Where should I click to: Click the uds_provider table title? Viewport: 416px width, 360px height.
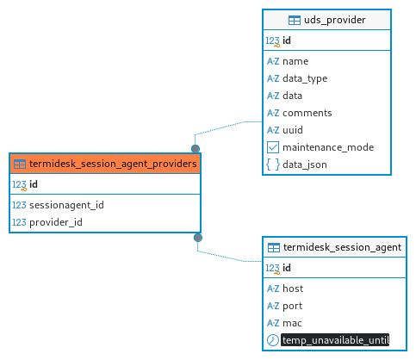pyautogui.click(x=334, y=20)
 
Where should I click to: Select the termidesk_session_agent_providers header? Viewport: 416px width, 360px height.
pyautogui.click(x=105, y=164)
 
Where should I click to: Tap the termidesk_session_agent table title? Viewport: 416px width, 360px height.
pyautogui.click(x=342, y=247)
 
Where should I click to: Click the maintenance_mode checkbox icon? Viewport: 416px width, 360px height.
pyautogui.click(x=273, y=147)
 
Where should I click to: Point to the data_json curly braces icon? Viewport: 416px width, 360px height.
pyautogui.click(x=273, y=164)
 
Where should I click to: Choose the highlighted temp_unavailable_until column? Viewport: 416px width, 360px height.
pyautogui.click(x=335, y=340)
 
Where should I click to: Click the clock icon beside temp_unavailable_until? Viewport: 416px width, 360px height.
pyautogui.click(x=273, y=340)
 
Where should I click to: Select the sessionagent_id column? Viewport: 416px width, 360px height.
pyautogui.click(x=66, y=205)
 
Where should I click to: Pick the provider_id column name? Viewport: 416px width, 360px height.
pyautogui.click(x=56, y=222)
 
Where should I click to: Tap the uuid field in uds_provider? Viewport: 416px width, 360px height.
pyautogui.click(x=293, y=130)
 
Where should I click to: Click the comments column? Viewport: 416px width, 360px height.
pyautogui.click(x=307, y=113)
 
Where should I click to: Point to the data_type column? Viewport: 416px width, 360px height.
pyautogui.click(x=305, y=78)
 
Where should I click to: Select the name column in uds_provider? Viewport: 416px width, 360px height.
pyautogui.click(x=295, y=61)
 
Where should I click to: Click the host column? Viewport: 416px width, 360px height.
pyautogui.click(x=293, y=289)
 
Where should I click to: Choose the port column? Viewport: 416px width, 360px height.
pyautogui.click(x=293, y=306)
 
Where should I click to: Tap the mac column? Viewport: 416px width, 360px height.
pyautogui.click(x=292, y=323)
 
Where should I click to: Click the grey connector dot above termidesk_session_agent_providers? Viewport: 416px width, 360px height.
pyautogui.click(x=196, y=149)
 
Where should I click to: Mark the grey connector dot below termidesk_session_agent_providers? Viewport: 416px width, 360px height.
pyautogui.click(x=198, y=238)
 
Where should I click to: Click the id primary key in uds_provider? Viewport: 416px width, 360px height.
pyautogui.click(x=287, y=40)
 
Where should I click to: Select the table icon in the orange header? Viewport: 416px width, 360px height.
pyautogui.click(x=20, y=164)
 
